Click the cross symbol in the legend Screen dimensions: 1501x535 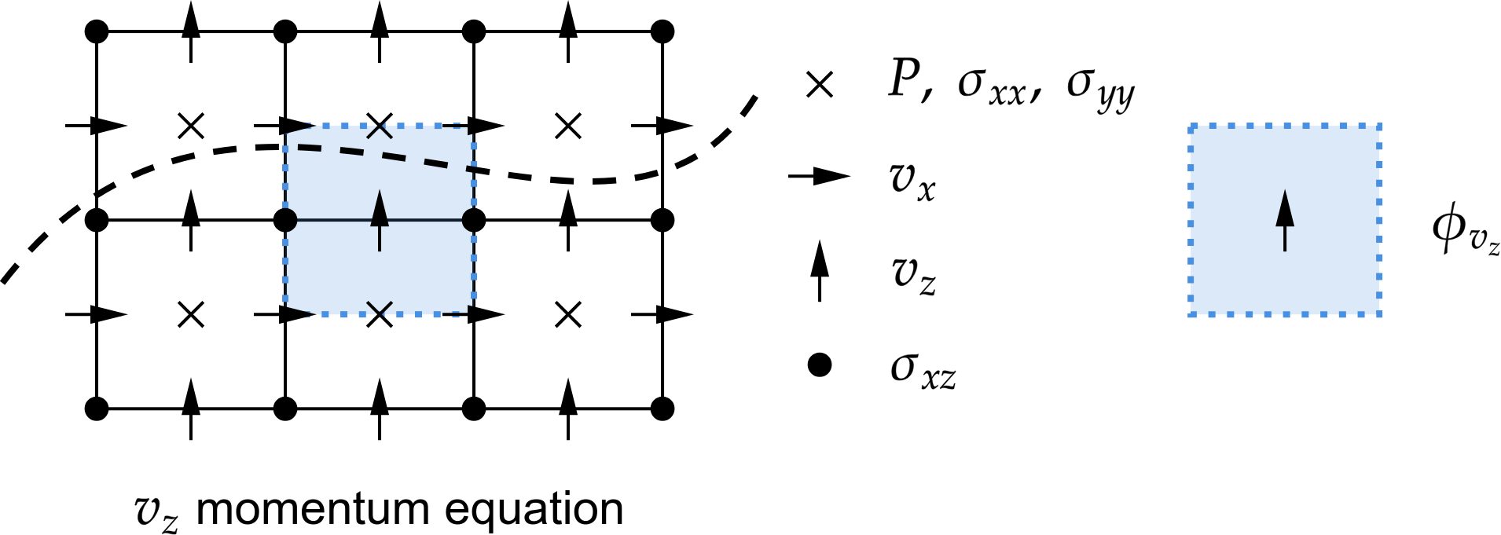[x=820, y=85]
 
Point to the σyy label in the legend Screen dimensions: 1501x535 [x=1101, y=90]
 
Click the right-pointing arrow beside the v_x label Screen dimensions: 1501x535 [x=820, y=176]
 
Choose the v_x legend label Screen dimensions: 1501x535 [x=913, y=181]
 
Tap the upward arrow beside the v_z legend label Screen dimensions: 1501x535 [x=820, y=271]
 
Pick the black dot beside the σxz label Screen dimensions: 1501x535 [x=820, y=365]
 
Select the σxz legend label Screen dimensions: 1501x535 [x=923, y=370]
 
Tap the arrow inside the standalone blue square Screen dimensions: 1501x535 [x=1285, y=221]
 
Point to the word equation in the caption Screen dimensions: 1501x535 [x=535, y=512]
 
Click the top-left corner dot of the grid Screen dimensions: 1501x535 [x=96, y=32]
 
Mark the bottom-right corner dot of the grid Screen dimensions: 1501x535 [x=663, y=409]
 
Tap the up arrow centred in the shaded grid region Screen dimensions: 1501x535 [x=380, y=221]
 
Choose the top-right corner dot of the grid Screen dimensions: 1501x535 [x=663, y=32]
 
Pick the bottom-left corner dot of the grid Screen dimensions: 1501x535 [x=96, y=409]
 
